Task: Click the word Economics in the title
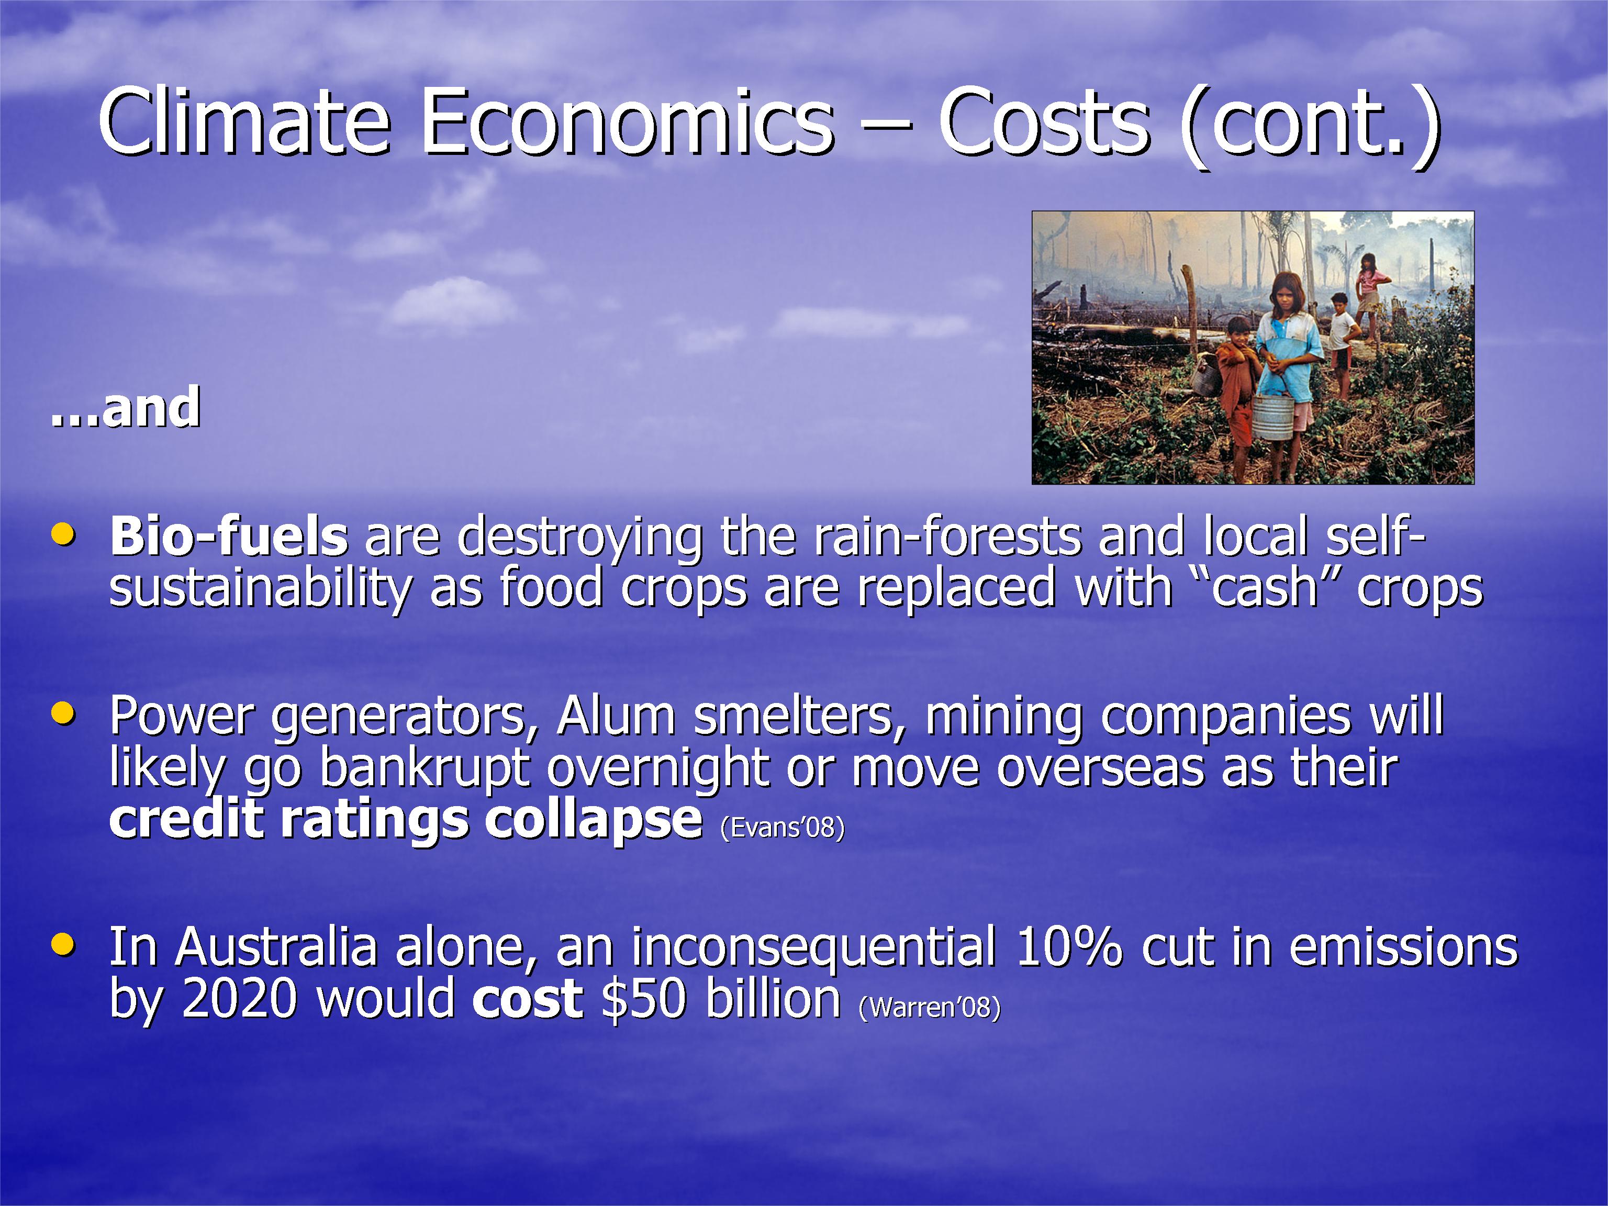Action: point(628,121)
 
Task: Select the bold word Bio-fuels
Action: point(229,536)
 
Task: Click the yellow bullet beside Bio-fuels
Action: point(63,534)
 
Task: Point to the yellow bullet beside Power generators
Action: point(63,713)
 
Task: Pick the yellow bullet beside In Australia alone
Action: point(63,944)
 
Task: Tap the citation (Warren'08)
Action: point(929,1007)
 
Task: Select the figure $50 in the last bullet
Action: point(644,998)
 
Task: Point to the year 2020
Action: point(240,998)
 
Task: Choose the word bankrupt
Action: point(425,768)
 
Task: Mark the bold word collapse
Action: point(593,820)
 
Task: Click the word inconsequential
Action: point(813,948)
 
